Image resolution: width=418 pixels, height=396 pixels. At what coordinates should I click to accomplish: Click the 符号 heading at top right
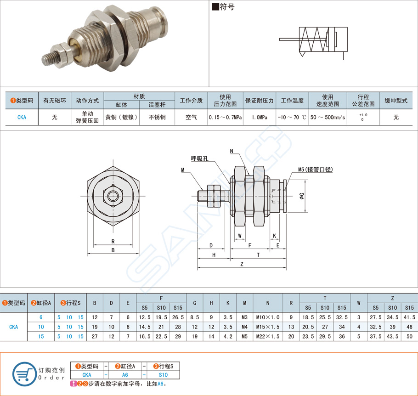(x=223, y=8)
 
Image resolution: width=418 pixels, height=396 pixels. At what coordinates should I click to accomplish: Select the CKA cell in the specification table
(x=22, y=118)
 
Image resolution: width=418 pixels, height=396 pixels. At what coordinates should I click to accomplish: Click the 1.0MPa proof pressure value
(x=260, y=118)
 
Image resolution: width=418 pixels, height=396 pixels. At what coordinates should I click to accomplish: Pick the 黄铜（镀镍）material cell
(x=121, y=118)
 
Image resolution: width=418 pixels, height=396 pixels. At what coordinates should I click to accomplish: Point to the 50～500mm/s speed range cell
(x=328, y=118)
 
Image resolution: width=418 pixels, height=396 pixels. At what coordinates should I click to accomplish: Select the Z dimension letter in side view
(x=242, y=264)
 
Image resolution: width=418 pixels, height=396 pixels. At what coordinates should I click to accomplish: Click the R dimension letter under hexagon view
(x=113, y=241)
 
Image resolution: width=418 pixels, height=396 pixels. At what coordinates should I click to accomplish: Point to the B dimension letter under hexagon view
(x=113, y=250)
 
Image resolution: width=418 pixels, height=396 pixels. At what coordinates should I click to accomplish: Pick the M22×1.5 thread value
(x=267, y=336)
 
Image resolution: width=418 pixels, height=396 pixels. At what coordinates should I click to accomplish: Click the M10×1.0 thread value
(x=267, y=317)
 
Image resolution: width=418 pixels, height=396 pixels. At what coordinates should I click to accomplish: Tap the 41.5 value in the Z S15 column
(x=409, y=317)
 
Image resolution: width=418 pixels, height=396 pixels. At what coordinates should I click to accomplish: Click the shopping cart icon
(x=22, y=373)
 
